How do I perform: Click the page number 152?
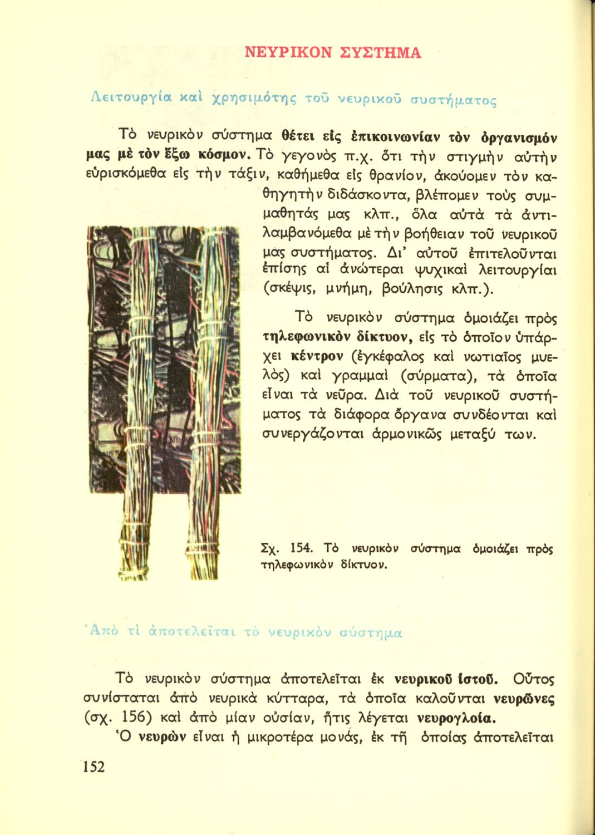[x=94, y=767]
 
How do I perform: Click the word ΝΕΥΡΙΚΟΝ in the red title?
[x=288, y=53]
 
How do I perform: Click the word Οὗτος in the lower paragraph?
[x=534, y=679]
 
